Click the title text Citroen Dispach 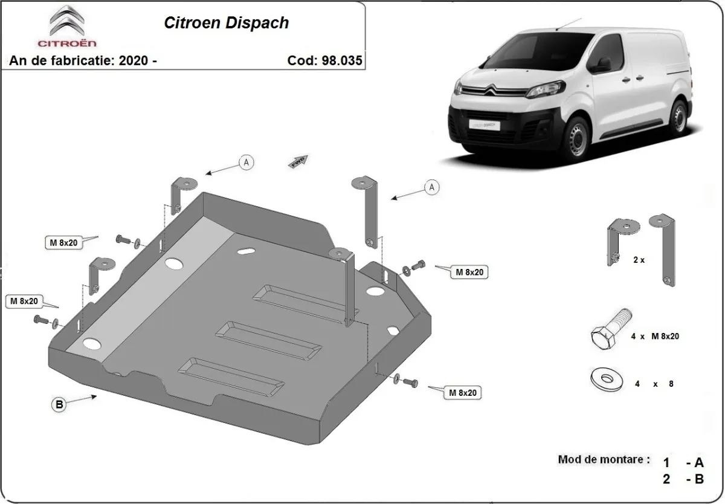(x=227, y=23)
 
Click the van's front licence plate (x=484, y=125)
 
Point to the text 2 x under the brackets (x=639, y=260)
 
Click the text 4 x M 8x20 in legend (x=655, y=337)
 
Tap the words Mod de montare (x=604, y=460)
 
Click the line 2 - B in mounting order (x=683, y=480)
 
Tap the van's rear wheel (x=679, y=117)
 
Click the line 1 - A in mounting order (x=683, y=463)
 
